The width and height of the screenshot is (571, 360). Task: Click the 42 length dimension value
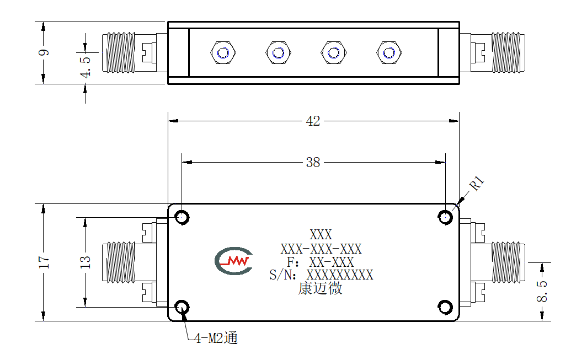coord(313,121)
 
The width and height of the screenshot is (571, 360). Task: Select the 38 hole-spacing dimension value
coord(313,162)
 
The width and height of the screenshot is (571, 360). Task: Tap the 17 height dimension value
coord(44,262)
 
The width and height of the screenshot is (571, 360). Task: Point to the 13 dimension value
coord(85,262)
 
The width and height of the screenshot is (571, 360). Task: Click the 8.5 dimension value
coord(542,291)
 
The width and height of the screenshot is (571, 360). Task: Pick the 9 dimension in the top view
coord(44,52)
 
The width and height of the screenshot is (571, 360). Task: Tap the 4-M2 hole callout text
coord(216,338)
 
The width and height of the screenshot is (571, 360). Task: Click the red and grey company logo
coord(233,261)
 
